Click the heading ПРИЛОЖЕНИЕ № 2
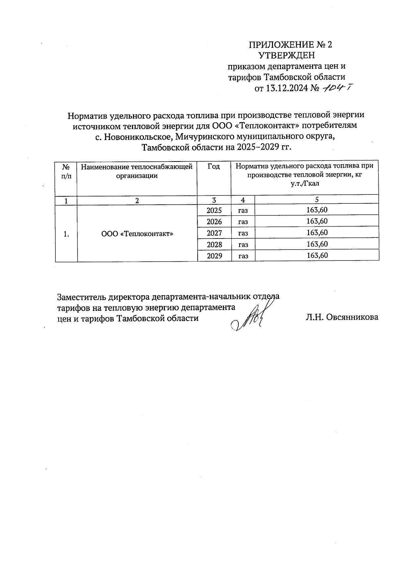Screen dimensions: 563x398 click(x=290, y=45)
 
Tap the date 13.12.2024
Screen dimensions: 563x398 click(x=287, y=89)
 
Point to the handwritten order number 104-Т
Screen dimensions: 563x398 click(x=336, y=88)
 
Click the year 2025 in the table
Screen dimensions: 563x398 click(x=214, y=210)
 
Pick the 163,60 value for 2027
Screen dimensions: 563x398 click(x=317, y=233)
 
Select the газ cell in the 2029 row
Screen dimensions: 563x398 click(x=243, y=256)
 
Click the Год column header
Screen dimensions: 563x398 click(x=214, y=166)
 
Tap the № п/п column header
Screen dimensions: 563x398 click(x=66, y=172)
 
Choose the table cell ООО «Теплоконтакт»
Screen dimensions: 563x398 click(x=137, y=234)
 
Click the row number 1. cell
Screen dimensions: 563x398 click(x=66, y=234)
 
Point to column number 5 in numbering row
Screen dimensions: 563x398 click(x=317, y=200)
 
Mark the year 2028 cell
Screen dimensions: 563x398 click(x=214, y=245)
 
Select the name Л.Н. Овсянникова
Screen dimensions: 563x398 click(x=342, y=317)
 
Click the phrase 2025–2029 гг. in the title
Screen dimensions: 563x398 click(x=264, y=147)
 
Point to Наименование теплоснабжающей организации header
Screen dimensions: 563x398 click(x=137, y=171)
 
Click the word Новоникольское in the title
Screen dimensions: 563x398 click(x=138, y=136)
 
